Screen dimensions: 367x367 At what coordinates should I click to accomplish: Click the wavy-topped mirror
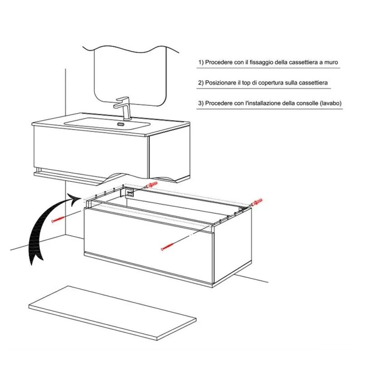point(131,75)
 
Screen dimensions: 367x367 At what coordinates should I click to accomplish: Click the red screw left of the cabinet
point(58,219)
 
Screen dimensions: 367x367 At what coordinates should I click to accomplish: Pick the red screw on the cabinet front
point(167,247)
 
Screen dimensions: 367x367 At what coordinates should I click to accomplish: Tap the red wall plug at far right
point(257,202)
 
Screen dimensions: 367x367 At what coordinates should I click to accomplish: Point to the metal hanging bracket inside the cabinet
point(127,192)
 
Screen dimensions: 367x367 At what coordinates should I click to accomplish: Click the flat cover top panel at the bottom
point(113,313)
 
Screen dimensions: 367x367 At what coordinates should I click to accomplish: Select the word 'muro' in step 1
point(331,63)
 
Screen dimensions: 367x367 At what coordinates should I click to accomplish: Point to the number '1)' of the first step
point(201,63)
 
